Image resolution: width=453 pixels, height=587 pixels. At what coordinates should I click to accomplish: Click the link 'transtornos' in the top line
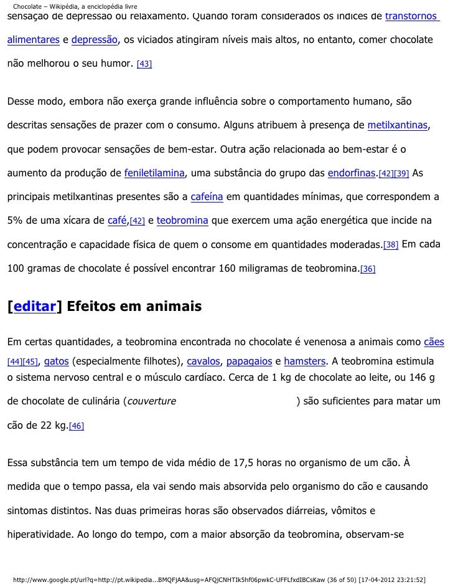[x=412, y=16]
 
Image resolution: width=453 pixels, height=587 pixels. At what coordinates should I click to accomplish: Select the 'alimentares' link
[x=34, y=40]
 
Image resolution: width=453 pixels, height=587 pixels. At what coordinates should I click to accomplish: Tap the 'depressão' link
[x=94, y=40]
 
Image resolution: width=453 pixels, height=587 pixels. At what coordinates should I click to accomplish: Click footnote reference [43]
[x=144, y=65]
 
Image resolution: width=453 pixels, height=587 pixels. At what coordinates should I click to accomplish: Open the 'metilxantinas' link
[x=398, y=125]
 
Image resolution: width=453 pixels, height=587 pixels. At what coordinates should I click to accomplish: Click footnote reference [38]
[x=391, y=245]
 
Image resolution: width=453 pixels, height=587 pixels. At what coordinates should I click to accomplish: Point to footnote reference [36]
[x=368, y=269]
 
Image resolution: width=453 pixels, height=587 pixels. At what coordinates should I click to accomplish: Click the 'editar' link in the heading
[x=34, y=307]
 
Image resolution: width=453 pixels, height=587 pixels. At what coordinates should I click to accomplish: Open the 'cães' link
[x=434, y=341]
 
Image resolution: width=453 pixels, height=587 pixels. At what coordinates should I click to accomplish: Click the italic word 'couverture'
[x=152, y=401]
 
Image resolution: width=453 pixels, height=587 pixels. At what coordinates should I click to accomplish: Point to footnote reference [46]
[x=77, y=426]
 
